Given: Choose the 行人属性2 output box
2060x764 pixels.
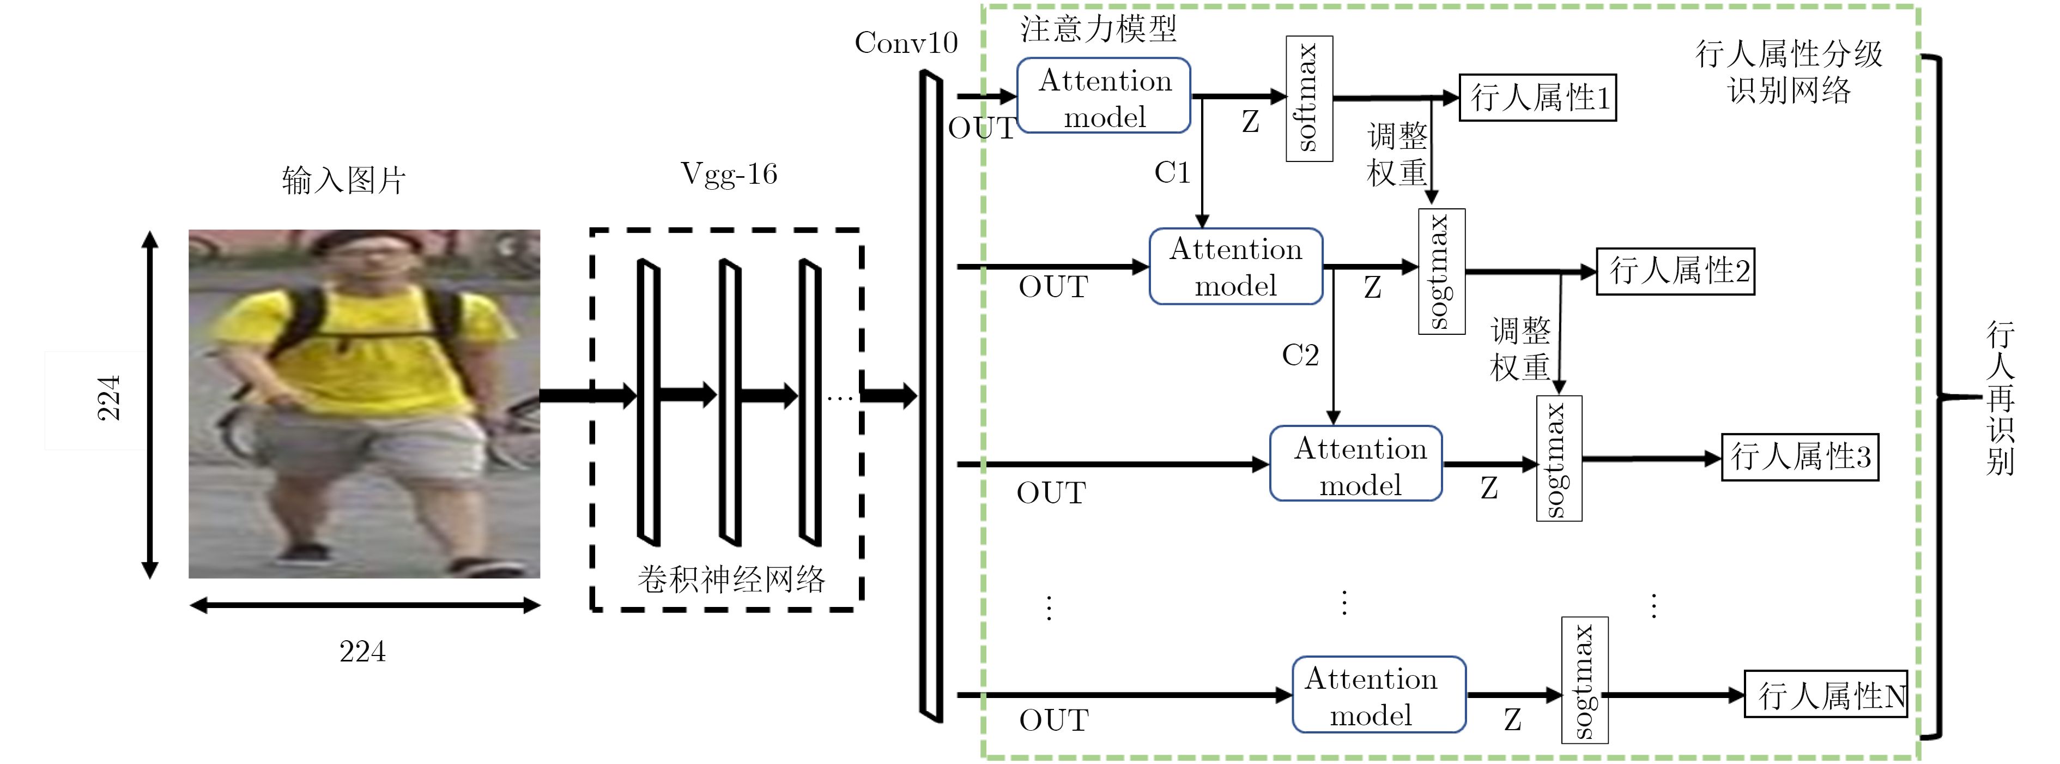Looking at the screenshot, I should pyautogui.click(x=1675, y=271).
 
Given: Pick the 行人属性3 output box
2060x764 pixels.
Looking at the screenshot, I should pyautogui.click(x=1800, y=457).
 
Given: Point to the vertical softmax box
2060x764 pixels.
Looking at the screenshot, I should pyautogui.click(x=1308, y=98).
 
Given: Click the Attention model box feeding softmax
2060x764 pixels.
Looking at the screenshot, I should pyautogui.click(x=1104, y=96).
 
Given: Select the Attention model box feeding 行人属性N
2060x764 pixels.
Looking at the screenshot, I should pyautogui.click(x=1379, y=694).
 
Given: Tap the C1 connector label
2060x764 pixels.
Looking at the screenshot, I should pyautogui.click(x=1172, y=173).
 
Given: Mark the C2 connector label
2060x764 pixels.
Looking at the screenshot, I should pyautogui.click(x=1300, y=355).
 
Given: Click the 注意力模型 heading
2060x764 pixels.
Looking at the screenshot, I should pyautogui.click(x=1098, y=29).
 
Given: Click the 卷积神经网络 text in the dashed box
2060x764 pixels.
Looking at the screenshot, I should pyautogui.click(x=730, y=579).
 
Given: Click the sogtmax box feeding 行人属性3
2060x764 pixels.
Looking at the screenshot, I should pyautogui.click(x=1559, y=459).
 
